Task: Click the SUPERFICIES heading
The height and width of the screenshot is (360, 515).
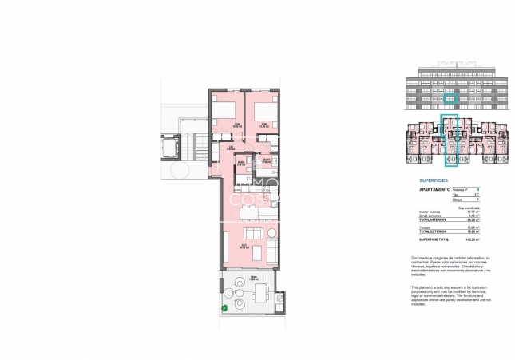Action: [x=433, y=180]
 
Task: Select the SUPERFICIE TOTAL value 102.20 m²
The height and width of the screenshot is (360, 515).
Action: [x=477, y=239]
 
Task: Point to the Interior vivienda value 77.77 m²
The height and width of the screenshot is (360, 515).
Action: [x=477, y=210]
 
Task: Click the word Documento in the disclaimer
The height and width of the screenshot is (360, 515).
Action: [x=422, y=258]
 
